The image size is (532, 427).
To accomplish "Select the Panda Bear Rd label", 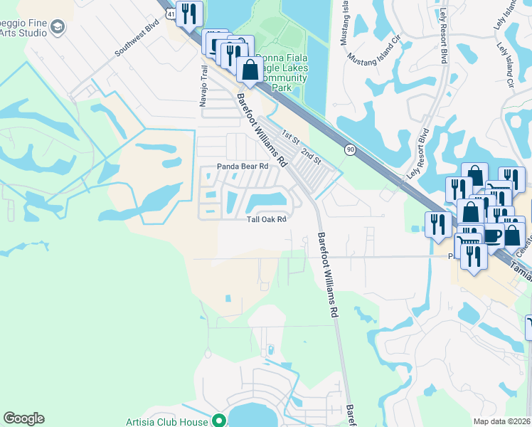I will click(x=242, y=167).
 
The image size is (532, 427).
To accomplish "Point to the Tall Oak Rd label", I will click(x=266, y=219).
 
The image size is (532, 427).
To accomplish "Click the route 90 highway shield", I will click(x=350, y=149).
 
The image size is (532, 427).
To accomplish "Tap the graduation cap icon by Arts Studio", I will click(x=58, y=28).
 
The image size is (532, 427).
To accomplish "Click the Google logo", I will click(x=23, y=418).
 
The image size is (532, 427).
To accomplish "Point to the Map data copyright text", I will click(x=501, y=421).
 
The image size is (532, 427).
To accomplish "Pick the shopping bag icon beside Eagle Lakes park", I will click(x=250, y=70).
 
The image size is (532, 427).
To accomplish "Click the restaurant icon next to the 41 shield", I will click(x=188, y=13).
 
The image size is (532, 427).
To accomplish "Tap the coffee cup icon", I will click(x=492, y=236).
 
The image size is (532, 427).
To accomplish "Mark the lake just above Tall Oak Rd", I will click(x=266, y=200).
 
